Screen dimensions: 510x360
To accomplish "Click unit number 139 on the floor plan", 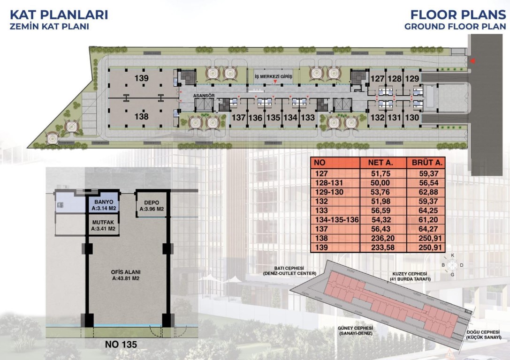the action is [x=142, y=78].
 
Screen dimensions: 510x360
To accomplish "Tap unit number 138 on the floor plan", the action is [x=142, y=116].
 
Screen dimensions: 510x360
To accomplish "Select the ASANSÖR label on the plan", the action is [x=204, y=96].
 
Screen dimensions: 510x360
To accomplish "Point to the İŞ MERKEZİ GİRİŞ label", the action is [x=273, y=76].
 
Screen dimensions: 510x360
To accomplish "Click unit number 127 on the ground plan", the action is [x=377, y=79].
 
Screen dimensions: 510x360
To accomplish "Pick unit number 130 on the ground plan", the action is [x=412, y=117].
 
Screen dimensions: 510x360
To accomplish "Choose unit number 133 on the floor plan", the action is [x=308, y=118].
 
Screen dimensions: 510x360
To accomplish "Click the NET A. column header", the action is [x=381, y=163].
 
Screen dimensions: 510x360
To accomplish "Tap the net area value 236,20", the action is [x=382, y=239].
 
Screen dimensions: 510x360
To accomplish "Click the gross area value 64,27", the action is [x=428, y=229].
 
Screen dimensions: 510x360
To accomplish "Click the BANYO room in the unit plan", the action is [x=104, y=205].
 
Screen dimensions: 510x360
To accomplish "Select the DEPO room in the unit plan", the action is [x=152, y=206].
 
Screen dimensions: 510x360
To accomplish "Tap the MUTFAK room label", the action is [x=103, y=225].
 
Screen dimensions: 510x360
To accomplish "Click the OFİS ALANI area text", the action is [x=126, y=275].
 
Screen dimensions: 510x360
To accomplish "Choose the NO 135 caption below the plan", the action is [x=121, y=344].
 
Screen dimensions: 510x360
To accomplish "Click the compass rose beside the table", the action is [x=452, y=265].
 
